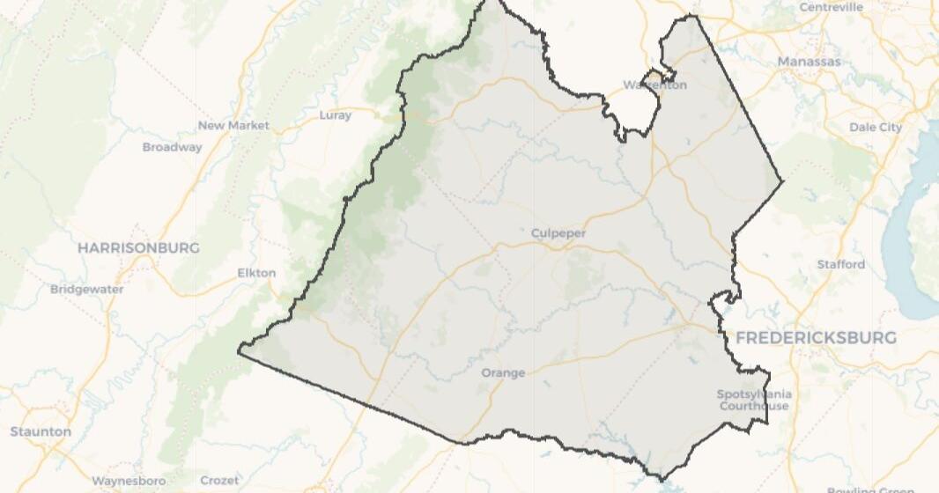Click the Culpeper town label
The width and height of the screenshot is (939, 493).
pos(558,233)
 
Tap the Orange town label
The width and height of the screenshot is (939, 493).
pos(503,372)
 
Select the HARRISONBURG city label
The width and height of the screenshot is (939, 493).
pos(138,247)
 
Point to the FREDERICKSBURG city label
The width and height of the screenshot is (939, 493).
pos(816,337)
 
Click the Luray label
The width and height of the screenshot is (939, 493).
pos(335,114)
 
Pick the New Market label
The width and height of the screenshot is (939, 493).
pos(233,125)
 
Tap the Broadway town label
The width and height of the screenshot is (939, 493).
pos(172,147)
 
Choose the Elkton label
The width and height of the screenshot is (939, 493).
pos(256,273)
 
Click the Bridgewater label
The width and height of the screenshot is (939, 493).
pos(87,289)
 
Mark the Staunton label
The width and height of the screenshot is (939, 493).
pos(41,431)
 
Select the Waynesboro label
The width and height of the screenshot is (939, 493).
pos(129,481)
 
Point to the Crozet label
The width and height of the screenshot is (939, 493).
pos(219,481)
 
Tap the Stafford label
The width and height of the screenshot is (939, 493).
pos(840,264)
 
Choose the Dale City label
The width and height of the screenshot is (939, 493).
pos(876,127)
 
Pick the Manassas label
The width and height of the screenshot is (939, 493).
pos(809,62)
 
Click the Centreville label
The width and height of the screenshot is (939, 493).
pos(831,7)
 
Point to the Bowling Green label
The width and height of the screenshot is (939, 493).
pos(870,489)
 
